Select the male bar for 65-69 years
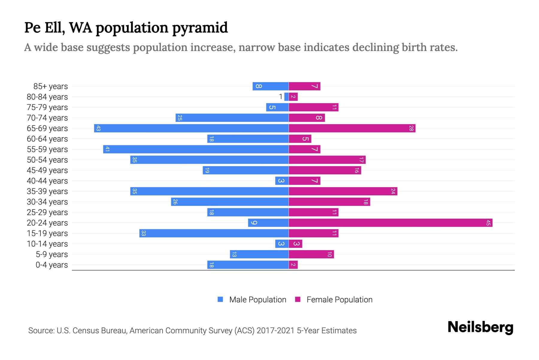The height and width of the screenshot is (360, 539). [x=192, y=128]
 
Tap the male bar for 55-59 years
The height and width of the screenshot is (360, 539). [x=196, y=149]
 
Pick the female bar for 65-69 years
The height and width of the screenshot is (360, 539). [x=352, y=128]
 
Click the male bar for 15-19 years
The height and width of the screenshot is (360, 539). [x=214, y=233]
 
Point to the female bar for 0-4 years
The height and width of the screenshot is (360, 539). [x=293, y=265]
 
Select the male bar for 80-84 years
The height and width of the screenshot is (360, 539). [x=287, y=97]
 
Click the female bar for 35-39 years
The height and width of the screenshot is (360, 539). [x=343, y=191]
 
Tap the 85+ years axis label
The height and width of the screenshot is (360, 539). [x=51, y=86]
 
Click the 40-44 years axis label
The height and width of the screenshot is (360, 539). [x=47, y=181]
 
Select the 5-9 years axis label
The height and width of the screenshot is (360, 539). [x=52, y=254]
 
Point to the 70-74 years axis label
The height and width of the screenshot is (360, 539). [x=47, y=118]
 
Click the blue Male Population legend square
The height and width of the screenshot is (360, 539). [x=220, y=299]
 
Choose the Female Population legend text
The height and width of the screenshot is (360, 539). [x=339, y=299]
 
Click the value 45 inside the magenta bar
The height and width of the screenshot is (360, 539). [x=488, y=223]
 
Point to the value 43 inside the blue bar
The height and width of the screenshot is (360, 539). [x=98, y=128]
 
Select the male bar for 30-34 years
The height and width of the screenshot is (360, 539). [x=230, y=202]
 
